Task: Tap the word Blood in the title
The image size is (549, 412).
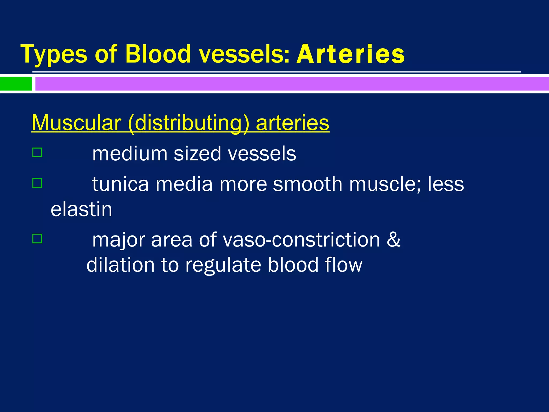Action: pyautogui.click(x=158, y=54)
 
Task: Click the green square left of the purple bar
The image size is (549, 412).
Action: pyautogui.click(x=16, y=84)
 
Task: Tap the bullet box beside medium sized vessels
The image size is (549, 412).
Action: pyautogui.click(x=37, y=153)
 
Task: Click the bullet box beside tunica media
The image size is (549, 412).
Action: pyautogui.click(x=37, y=183)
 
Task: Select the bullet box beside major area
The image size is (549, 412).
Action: pyautogui.click(x=37, y=238)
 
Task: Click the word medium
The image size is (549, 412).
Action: pyautogui.click(x=130, y=154)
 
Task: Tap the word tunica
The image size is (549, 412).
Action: pyautogui.click(x=120, y=184)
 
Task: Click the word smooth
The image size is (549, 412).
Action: pyautogui.click(x=307, y=184)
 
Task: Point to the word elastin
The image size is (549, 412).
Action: pyautogui.click(x=81, y=209)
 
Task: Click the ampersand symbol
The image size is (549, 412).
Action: pyautogui.click(x=394, y=240)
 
